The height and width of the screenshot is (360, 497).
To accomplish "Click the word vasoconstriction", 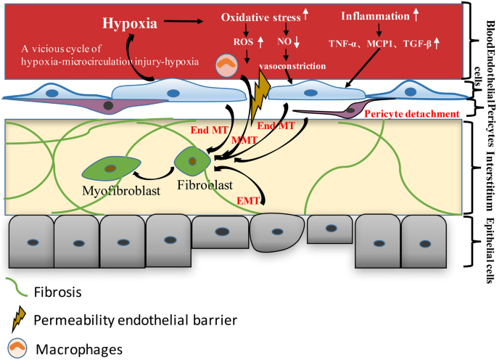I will tap(292, 66).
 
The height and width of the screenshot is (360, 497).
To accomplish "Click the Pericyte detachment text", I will tap(413, 113).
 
